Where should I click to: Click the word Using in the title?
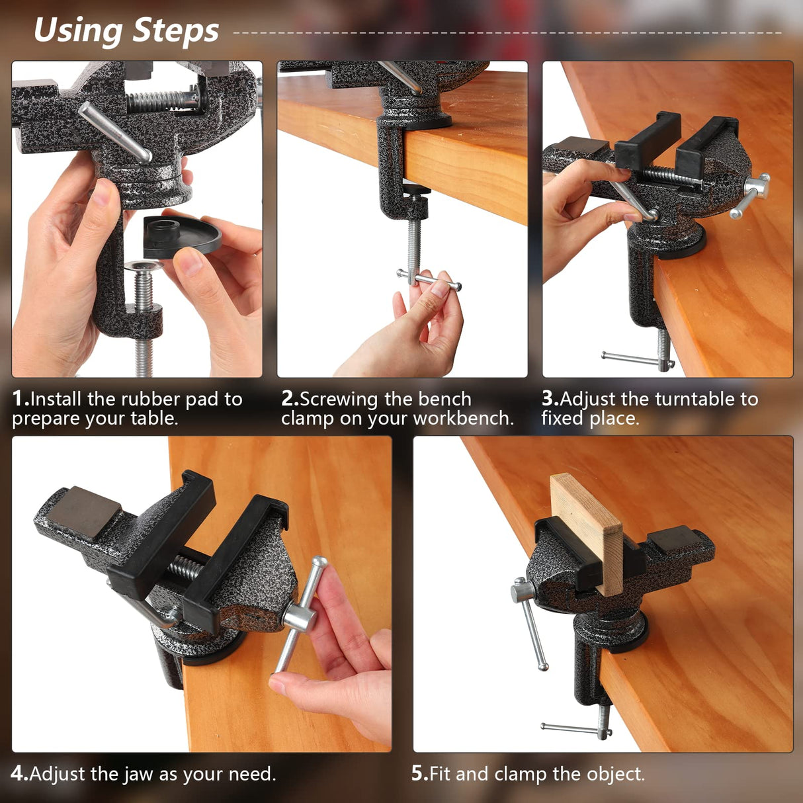tap(78, 31)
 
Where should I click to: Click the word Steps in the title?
tap(175, 31)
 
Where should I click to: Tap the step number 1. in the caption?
tap(21, 399)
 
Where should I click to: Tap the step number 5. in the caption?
tap(419, 774)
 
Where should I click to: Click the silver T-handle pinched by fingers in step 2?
tap(429, 280)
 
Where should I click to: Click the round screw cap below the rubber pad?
tap(144, 267)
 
